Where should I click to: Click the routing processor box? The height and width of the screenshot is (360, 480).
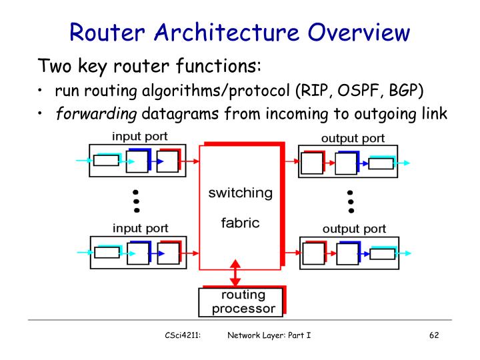pos(241,301)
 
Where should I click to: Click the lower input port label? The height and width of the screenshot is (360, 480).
pos(140,228)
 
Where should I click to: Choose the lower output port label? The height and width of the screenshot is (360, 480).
pos(354,229)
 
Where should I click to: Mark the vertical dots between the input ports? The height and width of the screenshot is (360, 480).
pos(136,194)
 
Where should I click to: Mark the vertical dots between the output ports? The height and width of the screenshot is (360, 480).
pos(350,194)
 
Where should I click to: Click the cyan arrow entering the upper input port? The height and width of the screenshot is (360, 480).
pos(85,161)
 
